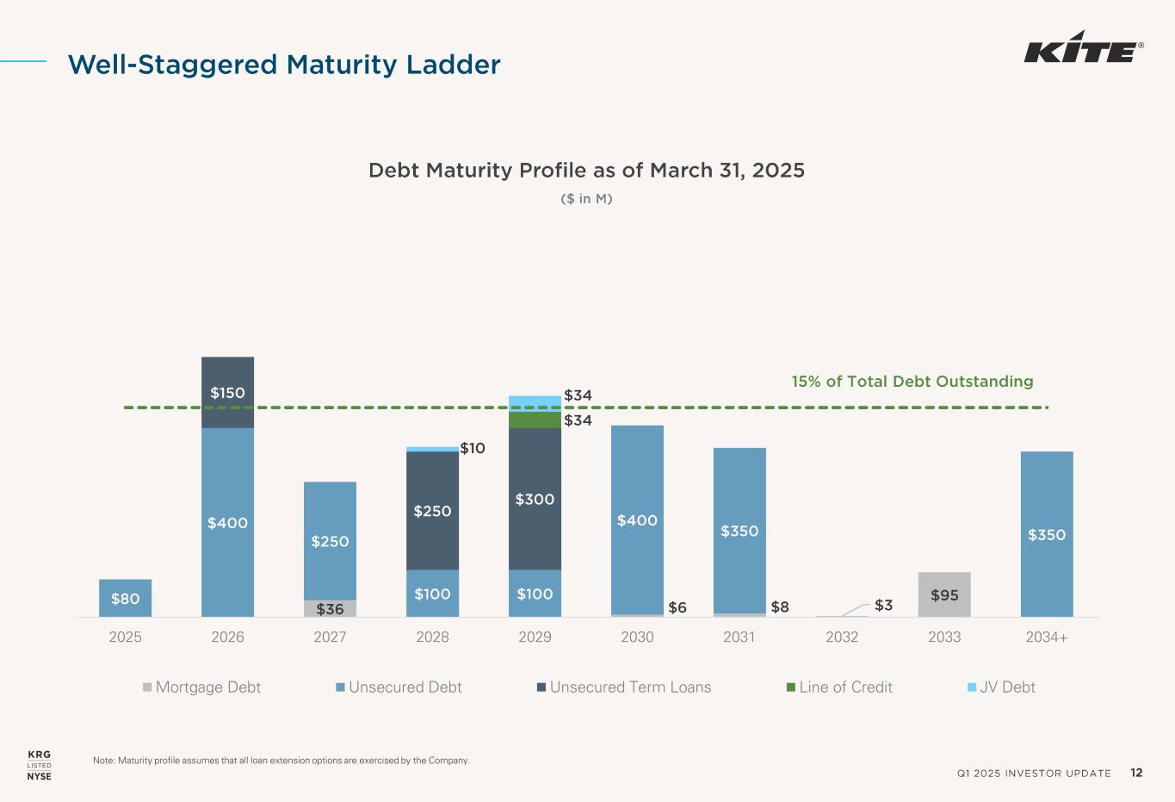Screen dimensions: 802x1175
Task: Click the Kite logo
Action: (x=1083, y=52)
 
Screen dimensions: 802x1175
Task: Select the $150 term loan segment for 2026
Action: (x=227, y=392)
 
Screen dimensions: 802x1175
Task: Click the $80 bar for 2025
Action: (x=125, y=598)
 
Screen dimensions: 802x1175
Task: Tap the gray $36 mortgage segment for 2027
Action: (x=330, y=609)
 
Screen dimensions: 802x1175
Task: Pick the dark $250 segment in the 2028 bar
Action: (x=432, y=510)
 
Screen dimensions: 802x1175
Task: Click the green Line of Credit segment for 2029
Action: (x=535, y=420)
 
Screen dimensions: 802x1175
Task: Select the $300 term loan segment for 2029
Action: (x=535, y=499)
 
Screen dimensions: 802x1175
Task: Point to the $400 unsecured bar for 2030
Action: (x=637, y=519)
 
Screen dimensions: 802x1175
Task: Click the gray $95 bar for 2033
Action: (x=944, y=594)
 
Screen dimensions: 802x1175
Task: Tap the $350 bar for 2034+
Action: (x=1047, y=534)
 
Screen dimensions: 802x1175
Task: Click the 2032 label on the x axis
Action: (x=842, y=637)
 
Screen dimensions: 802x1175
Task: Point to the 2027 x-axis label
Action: (x=330, y=637)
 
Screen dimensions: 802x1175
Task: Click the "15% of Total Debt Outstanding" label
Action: (x=912, y=382)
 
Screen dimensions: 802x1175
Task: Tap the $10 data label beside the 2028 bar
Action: (x=473, y=448)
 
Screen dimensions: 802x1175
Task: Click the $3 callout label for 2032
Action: (x=883, y=606)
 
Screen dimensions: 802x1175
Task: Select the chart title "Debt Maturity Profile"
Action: (x=586, y=171)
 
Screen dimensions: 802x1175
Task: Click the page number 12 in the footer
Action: (x=1136, y=773)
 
